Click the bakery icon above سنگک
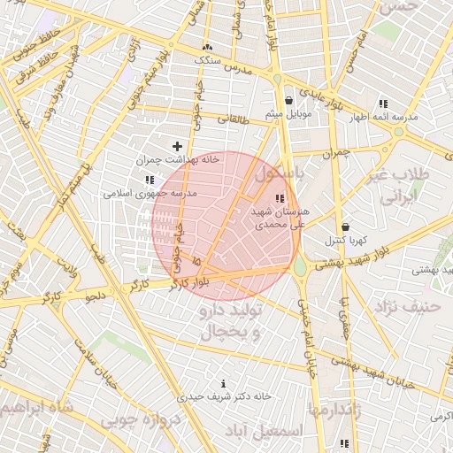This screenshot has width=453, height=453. click(x=207, y=46)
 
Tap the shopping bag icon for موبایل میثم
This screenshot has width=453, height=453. click(x=289, y=101)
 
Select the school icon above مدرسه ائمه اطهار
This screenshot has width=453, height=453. click(x=382, y=103)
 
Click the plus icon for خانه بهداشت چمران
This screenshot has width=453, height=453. click(x=177, y=146)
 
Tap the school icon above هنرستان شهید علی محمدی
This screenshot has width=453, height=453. click(x=280, y=198)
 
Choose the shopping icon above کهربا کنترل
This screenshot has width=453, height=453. click(x=344, y=226)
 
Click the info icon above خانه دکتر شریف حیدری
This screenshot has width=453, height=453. click(x=222, y=384)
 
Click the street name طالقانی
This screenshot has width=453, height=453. click(x=234, y=118)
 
